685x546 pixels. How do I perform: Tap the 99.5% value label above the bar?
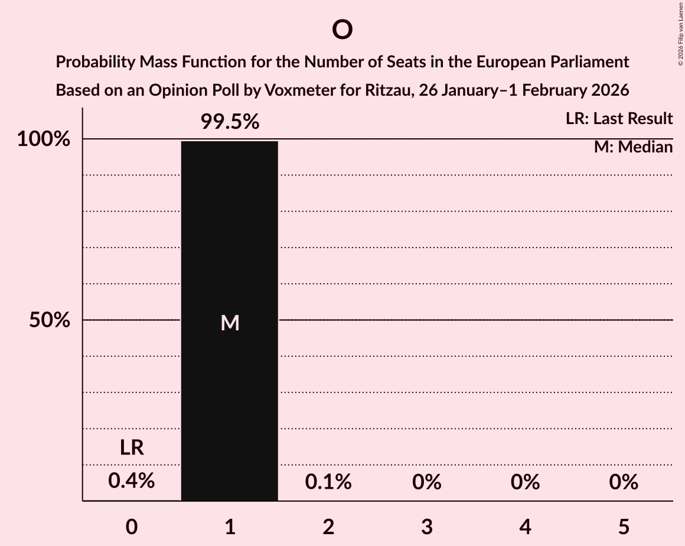coord(230,122)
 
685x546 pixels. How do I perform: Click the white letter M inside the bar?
coord(230,323)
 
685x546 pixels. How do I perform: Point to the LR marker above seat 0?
coord(132,448)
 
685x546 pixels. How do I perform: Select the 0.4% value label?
coord(132,482)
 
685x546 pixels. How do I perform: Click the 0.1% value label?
coord(328,482)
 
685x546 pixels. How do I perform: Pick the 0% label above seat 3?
coord(427,482)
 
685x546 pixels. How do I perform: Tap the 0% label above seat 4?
coord(526,482)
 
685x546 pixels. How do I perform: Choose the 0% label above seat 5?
coord(624,482)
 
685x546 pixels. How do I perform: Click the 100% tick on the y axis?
coord(44,139)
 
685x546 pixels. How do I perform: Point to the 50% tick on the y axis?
coord(50,320)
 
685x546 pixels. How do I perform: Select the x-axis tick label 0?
coord(132,526)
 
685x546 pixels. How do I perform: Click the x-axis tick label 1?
coord(230,526)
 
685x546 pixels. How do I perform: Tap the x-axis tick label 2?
coord(328,526)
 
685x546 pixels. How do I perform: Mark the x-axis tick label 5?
coord(624,526)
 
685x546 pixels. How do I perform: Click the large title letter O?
coord(342,30)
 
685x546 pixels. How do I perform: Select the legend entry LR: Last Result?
coord(619,119)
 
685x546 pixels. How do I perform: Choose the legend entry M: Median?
coord(633,147)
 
